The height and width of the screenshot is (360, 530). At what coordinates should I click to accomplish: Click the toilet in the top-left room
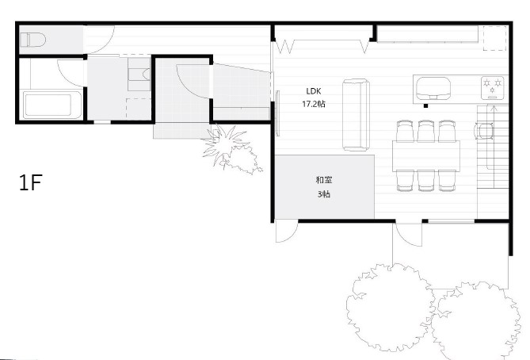[32, 40]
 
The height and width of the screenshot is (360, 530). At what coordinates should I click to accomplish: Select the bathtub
[51, 105]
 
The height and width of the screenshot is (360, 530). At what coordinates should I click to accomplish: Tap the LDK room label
[314, 91]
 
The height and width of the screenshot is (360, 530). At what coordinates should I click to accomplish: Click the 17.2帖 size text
[314, 104]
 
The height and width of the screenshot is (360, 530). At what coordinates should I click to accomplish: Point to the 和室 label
[324, 180]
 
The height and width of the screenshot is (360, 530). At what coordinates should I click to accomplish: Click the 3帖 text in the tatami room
[324, 194]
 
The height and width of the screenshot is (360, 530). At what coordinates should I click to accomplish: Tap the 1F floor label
[31, 182]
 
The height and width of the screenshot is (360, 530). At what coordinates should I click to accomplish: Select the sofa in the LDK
[356, 115]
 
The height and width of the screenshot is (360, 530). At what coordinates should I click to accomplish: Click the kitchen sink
[433, 89]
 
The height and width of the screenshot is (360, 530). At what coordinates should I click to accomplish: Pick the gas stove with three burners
[493, 88]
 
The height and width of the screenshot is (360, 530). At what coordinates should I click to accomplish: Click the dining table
[426, 156]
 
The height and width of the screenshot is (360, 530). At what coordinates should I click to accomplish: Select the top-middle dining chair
[426, 131]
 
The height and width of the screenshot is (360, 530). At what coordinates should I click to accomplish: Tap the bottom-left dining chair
[406, 181]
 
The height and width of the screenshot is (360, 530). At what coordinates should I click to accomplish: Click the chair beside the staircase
[484, 131]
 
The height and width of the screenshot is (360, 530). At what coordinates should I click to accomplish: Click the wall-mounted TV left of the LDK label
[278, 113]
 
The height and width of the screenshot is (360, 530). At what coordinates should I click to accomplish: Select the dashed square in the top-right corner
[494, 38]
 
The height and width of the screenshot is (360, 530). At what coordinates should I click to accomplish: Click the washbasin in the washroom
[139, 74]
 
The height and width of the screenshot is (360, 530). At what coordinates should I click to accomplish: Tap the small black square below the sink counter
[426, 106]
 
